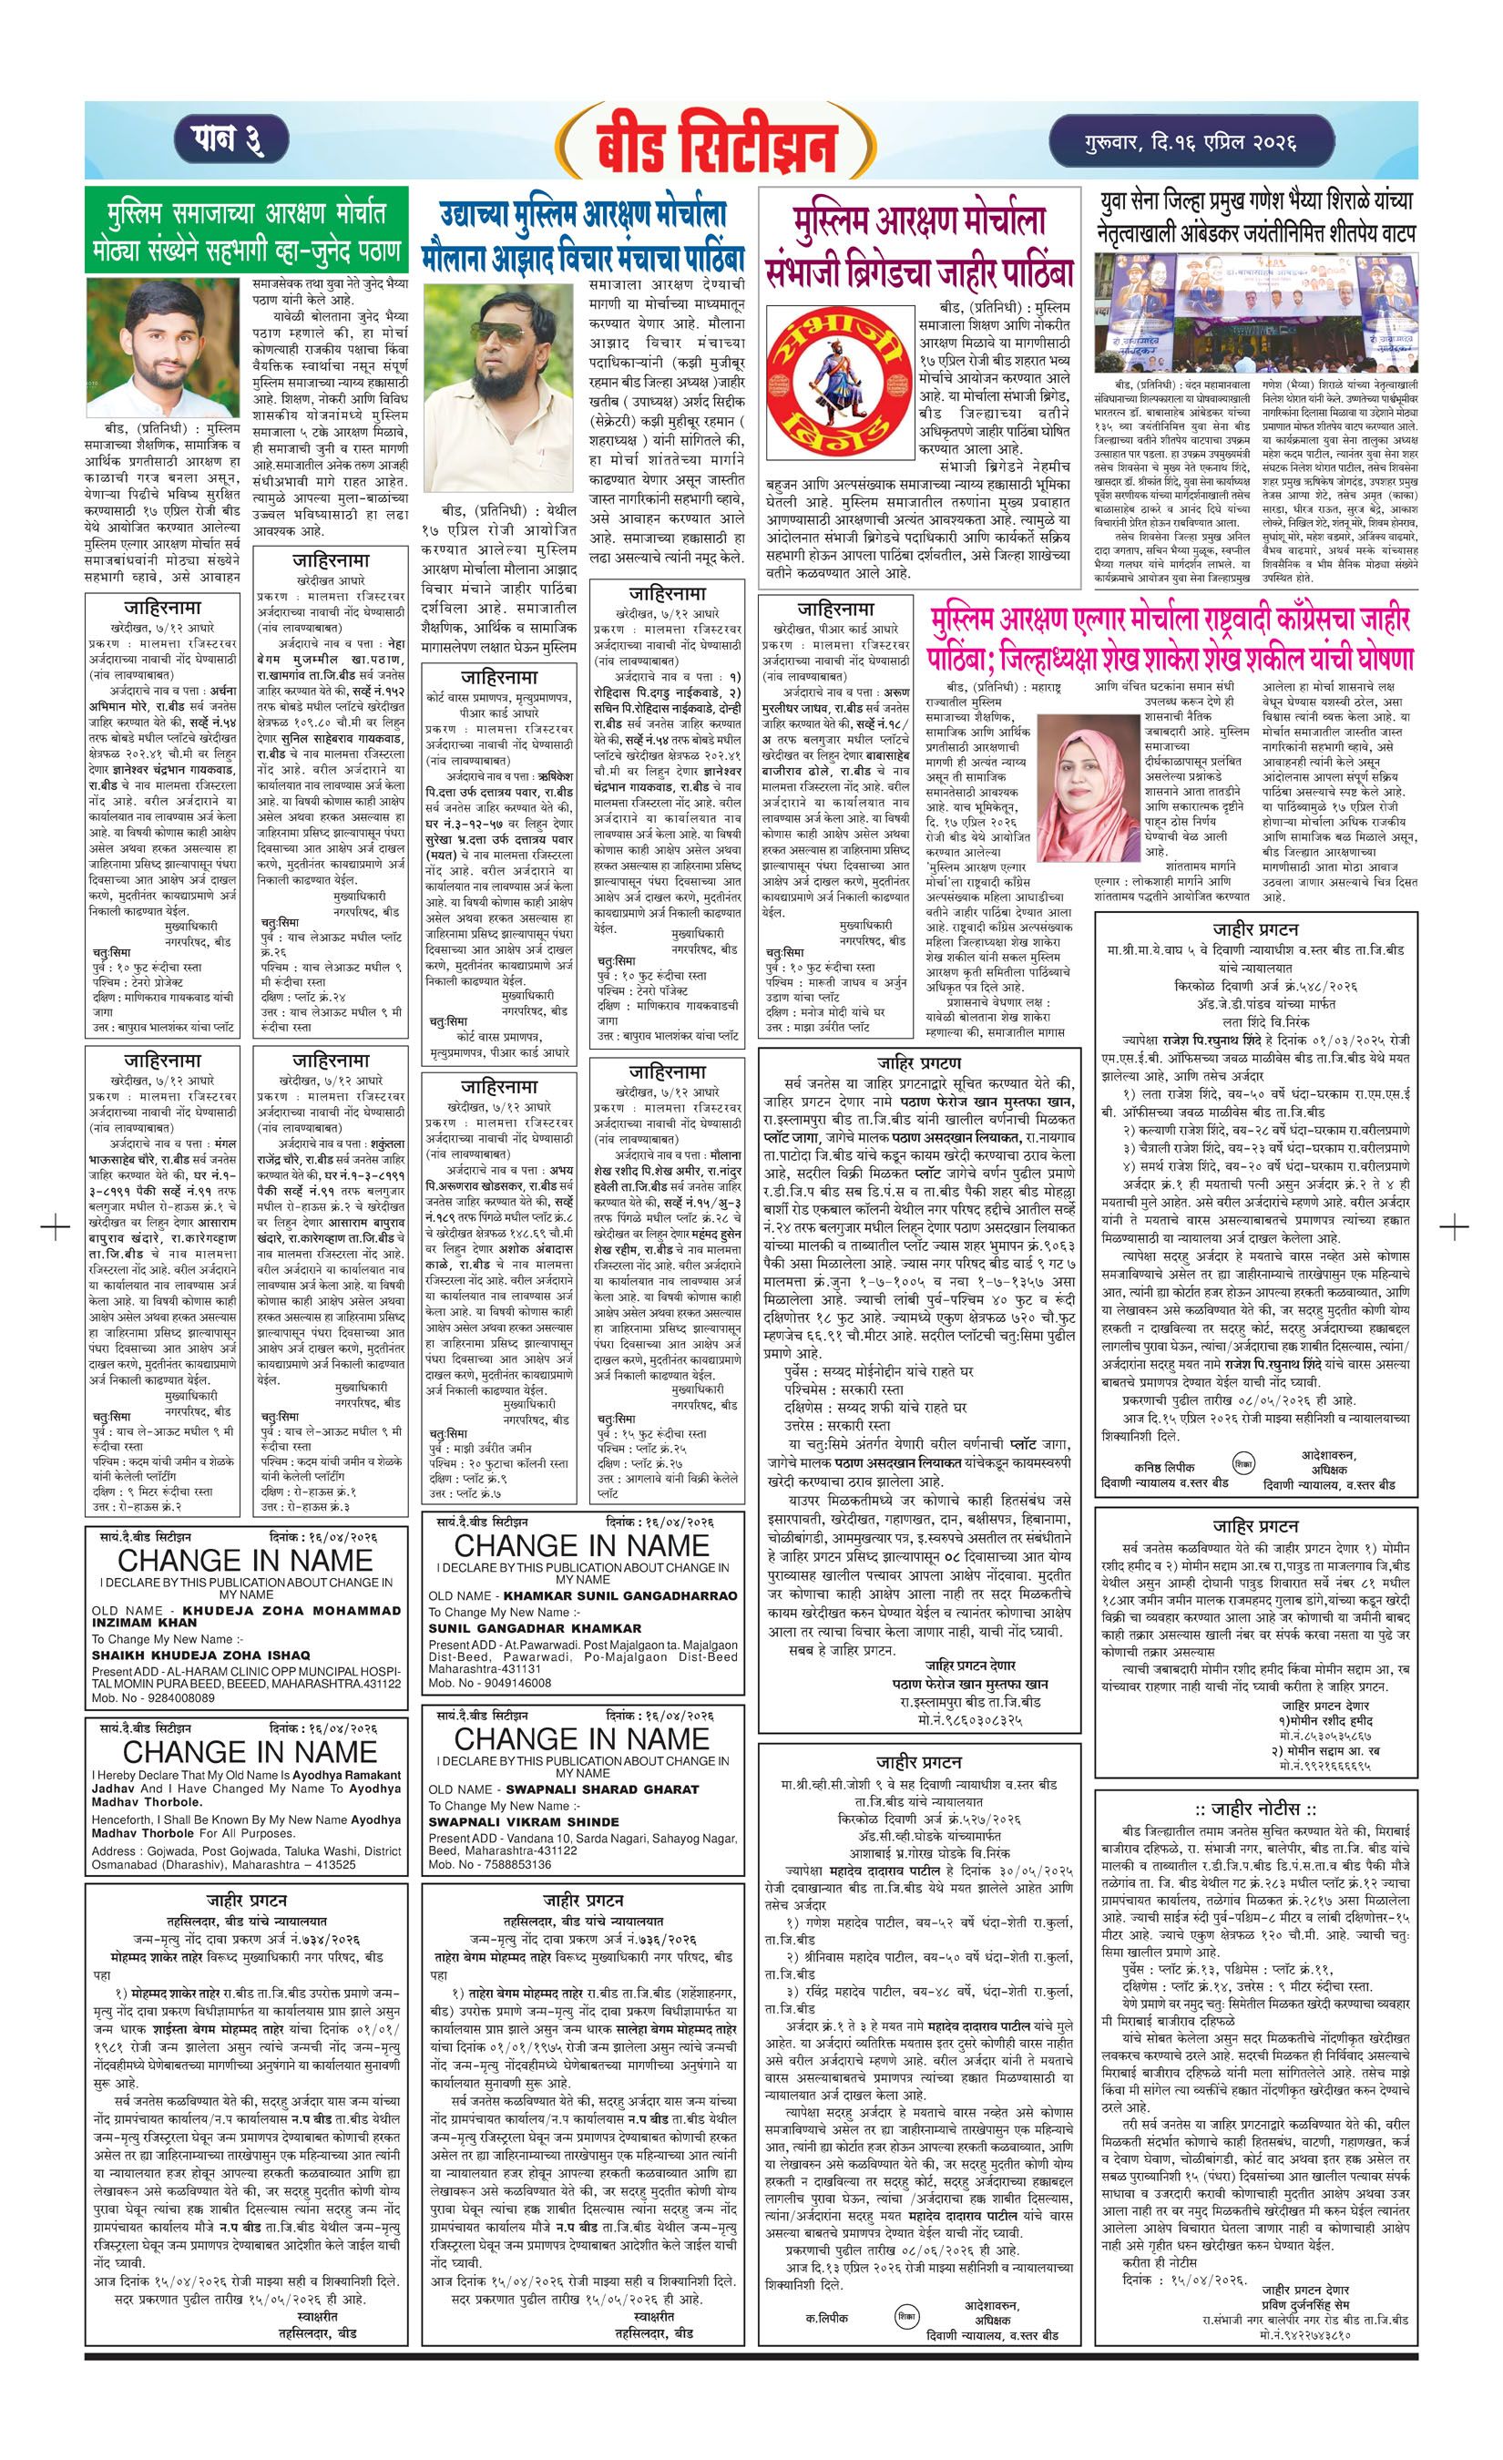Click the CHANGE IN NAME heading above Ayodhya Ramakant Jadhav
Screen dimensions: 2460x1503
point(248,1751)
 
